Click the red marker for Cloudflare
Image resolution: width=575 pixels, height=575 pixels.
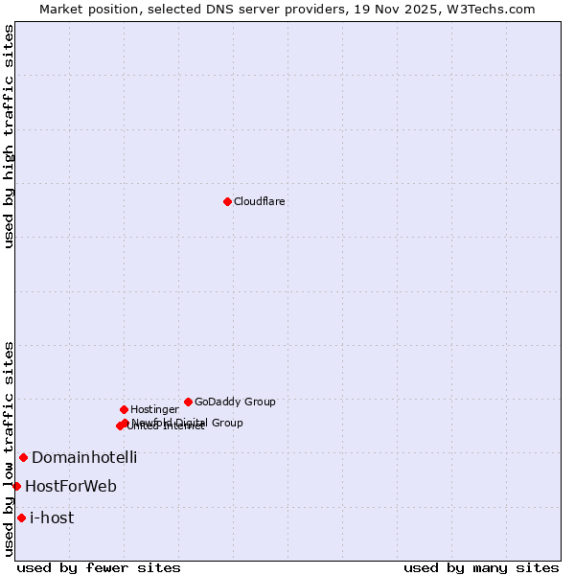tap(227, 201)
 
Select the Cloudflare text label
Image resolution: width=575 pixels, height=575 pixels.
tap(259, 202)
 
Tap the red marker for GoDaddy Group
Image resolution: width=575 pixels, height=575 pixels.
tap(188, 402)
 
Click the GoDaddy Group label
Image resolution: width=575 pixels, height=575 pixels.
tap(235, 402)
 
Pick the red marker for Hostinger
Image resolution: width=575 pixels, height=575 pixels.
tap(124, 409)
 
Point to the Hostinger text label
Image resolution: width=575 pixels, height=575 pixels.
tap(154, 410)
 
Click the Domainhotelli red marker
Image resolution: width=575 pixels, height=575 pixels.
tap(23, 457)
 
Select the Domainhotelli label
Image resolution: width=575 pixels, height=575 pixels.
tap(84, 458)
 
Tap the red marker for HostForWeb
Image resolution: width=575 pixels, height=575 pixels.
tap(16, 486)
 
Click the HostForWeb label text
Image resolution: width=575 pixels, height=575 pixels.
tap(71, 487)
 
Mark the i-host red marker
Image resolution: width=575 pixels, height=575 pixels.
tap(21, 517)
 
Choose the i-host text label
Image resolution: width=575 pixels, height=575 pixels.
tap(52, 518)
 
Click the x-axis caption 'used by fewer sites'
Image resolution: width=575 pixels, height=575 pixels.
tap(99, 567)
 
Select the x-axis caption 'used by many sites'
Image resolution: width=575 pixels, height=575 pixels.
tap(481, 567)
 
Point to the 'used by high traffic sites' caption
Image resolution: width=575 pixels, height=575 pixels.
tap(9, 136)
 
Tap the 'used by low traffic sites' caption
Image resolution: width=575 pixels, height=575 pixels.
tap(9, 448)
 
